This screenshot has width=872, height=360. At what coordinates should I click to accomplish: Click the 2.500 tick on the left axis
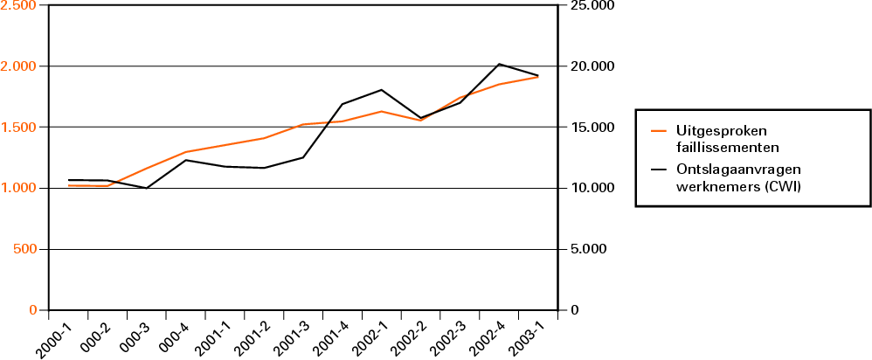click(18, 6)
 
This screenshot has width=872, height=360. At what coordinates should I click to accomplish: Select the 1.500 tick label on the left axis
click(18, 128)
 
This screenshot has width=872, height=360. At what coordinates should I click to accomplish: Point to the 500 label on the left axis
click(24, 249)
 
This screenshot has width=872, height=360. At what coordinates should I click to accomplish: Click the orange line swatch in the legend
click(660, 131)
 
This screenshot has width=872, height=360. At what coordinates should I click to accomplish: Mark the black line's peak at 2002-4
click(499, 64)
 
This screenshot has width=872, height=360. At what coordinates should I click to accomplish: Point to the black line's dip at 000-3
click(147, 188)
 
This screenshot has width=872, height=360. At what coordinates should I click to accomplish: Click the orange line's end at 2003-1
click(538, 77)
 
